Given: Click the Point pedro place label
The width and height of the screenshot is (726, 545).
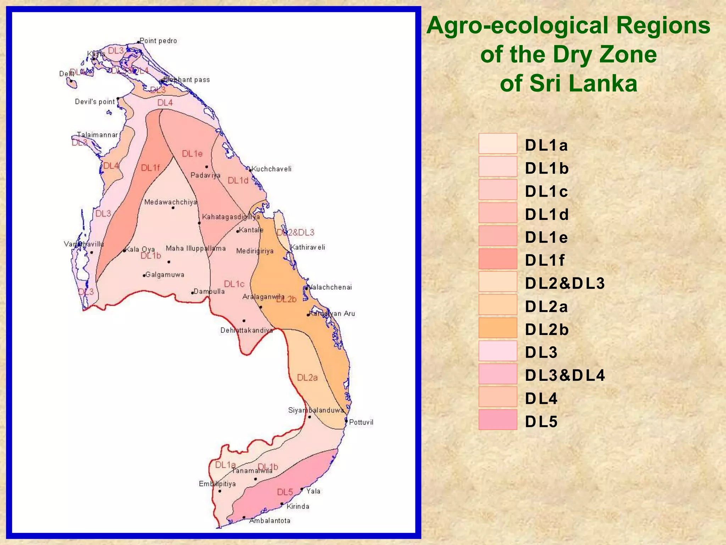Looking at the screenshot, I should [158, 41].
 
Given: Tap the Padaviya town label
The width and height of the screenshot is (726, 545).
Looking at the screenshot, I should [205, 175].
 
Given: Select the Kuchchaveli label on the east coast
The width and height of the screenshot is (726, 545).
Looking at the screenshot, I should [272, 169].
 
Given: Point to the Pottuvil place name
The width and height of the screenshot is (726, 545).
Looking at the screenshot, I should [361, 422].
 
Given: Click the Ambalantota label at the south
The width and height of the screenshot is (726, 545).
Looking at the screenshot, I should [270, 521].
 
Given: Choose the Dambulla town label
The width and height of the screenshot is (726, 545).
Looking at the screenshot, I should [209, 291].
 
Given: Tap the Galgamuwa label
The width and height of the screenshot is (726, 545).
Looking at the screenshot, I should [165, 275].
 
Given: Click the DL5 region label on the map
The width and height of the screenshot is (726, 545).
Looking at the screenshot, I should [285, 492].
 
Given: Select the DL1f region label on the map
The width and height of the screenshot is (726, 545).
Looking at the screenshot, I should [150, 168].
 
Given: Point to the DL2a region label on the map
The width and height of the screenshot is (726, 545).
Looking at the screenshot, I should [307, 378].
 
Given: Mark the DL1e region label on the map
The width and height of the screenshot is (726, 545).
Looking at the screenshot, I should [192, 154].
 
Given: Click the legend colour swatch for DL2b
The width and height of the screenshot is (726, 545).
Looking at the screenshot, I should [498, 327].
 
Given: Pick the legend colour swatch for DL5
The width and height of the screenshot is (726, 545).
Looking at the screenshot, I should [498, 420].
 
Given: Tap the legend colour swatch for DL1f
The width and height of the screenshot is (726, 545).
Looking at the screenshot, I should [498, 259].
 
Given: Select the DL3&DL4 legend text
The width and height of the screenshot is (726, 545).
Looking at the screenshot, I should [565, 375].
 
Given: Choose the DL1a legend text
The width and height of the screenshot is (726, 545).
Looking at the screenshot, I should [546, 145].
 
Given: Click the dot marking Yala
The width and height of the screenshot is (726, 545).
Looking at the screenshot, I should [302, 489].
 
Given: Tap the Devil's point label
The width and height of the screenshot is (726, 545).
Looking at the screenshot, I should [95, 102].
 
